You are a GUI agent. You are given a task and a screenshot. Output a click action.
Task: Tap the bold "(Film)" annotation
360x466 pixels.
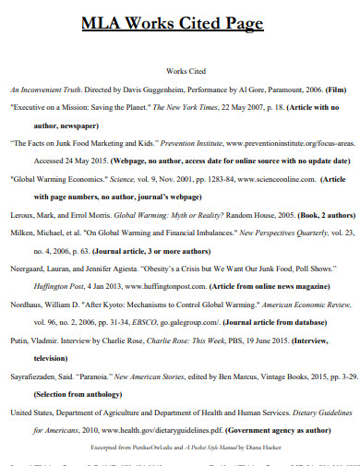(x=335, y=91)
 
